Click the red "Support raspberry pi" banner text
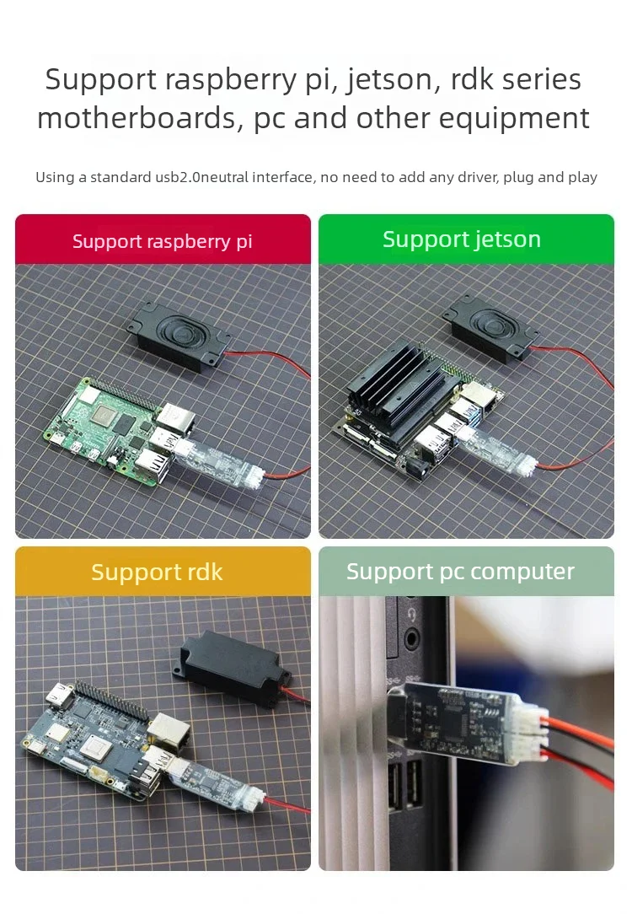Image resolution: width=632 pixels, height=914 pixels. point(163,241)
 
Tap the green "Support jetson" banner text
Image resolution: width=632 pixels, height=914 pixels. point(462,239)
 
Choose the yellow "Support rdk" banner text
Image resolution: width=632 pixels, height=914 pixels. point(157,573)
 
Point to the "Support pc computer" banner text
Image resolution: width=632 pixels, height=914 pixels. point(460,572)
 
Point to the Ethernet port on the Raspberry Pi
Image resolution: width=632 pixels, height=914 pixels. point(175,416)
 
